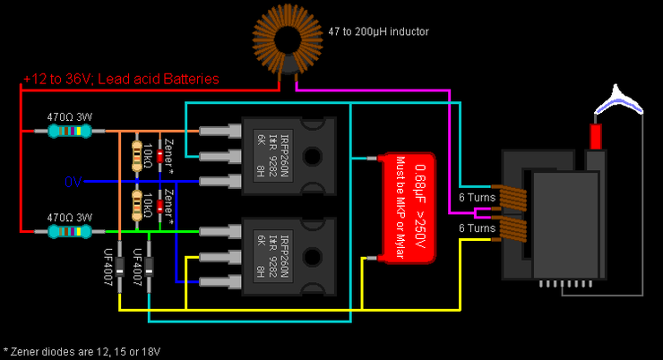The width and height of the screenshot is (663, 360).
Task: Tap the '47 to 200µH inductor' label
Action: point(378,31)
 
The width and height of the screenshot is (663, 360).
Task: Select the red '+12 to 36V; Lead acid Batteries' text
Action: point(121,79)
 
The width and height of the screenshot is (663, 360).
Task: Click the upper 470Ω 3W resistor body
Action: point(69,132)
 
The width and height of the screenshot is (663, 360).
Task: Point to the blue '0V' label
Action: point(73,182)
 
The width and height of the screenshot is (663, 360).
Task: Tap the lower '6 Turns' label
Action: point(477,228)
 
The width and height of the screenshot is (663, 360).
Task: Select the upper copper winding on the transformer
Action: point(512,198)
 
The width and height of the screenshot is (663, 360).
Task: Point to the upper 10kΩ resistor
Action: point(137,154)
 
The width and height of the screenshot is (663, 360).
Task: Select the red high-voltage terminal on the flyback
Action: point(594,136)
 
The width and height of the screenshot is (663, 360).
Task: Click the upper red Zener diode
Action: point(160,155)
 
